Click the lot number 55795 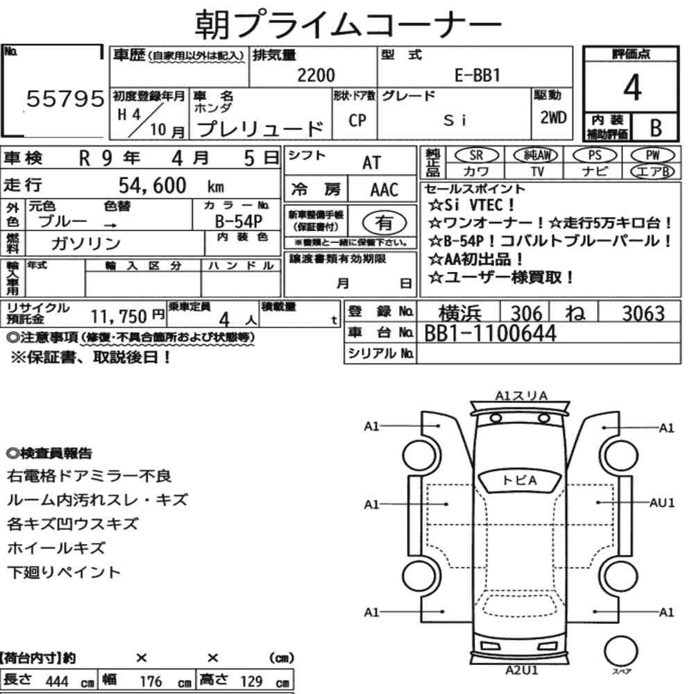pos(65,99)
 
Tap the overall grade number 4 pos(632,87)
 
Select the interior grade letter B pos(656,128)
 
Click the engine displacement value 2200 pos(316,75)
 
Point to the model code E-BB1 pos(477,75)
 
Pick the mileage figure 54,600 pos(152,185)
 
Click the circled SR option pos(476,155)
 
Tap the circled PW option pos(652,155)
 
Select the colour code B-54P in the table pos(239,221)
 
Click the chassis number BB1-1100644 pos(490,333)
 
